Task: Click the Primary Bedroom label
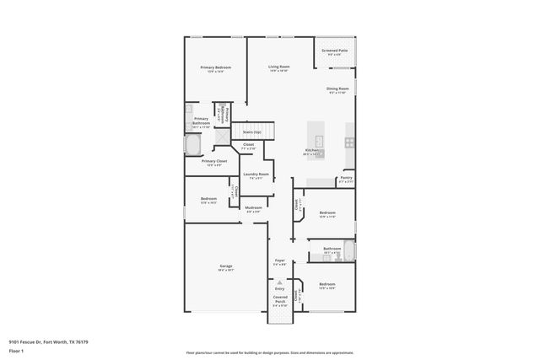pyautogui.click(x=216, y=67)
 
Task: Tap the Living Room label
pyautogui.click(x=279, y=67)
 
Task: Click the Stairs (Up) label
pyautogui.click(x=251, y=132)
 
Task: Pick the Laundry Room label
pyautogui.click(x=256, y=175)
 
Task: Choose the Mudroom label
pyautogui.click(x=253, y=207)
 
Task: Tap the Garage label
pyautogui.click(x=226, y=266)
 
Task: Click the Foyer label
pyautogui.click(x=280, y=261)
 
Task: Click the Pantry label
pyautogui.click(x=346, y=178)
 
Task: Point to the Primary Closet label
pyautogui.click(x=213, y=161)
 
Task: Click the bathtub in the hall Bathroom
pyautogui.click(x=348, y=250)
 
